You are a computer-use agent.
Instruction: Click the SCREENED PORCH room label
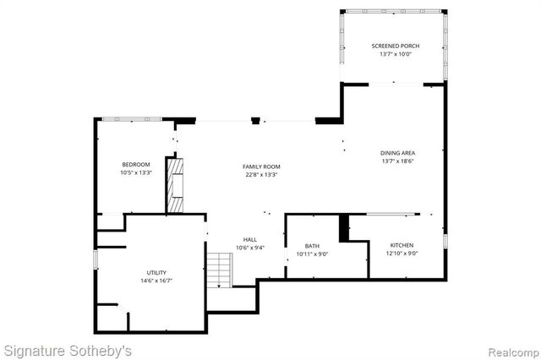(395, 46)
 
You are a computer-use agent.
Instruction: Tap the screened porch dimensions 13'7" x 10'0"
(395, 55)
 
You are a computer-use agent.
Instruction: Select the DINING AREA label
(396, 153)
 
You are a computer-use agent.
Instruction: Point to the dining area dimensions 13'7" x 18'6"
(396, 161)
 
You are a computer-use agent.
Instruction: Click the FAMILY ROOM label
(260, 166)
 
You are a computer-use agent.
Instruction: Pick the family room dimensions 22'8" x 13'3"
(260, 176)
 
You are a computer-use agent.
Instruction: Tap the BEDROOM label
(136, 164)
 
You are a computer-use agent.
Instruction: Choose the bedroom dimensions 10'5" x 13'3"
(136, 172)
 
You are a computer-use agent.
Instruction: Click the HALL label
(250, 239)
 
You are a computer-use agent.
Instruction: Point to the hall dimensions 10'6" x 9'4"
(250, 248)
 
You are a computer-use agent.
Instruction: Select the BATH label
(312, 246)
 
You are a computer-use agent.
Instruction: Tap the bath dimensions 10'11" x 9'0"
(312, 254)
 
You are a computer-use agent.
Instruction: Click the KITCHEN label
(402, 245)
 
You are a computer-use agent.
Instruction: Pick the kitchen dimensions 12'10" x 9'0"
(402, 254)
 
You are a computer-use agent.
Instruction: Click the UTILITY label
(156, 272)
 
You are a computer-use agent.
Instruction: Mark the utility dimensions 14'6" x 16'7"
(156, 281)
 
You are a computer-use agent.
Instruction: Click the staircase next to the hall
(220, 270)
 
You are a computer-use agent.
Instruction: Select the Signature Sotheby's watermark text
(68, 349)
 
